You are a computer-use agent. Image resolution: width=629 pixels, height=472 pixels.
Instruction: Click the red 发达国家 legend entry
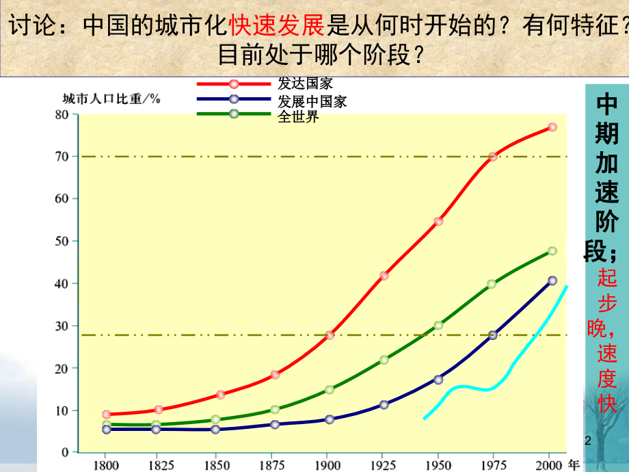305,84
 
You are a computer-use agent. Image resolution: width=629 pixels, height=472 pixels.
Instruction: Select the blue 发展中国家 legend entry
312,101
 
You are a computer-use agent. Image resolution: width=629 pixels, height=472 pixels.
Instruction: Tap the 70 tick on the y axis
62,157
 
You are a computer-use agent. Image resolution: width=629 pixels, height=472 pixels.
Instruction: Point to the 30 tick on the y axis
62,326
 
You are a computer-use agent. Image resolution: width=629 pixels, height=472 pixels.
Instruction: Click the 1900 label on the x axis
328,464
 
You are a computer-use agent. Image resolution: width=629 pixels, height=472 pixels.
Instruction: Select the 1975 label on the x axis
492,464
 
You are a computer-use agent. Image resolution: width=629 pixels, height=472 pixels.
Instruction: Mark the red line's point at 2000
552,127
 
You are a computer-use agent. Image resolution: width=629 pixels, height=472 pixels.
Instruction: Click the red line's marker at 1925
384,276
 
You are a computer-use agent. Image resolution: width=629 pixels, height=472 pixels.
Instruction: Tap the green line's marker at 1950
438,326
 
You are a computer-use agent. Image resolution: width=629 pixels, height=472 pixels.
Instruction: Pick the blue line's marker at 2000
552,280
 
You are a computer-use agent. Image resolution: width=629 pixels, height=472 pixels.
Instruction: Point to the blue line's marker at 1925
384,405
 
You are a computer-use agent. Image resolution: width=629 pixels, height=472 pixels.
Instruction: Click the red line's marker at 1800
106,415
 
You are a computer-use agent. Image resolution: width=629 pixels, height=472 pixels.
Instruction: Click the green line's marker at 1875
275,410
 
